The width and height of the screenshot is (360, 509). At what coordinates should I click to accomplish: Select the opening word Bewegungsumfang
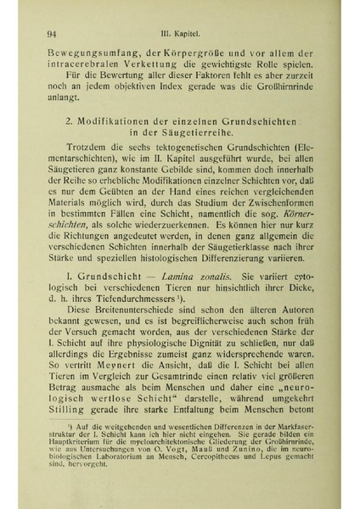[93, 53]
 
